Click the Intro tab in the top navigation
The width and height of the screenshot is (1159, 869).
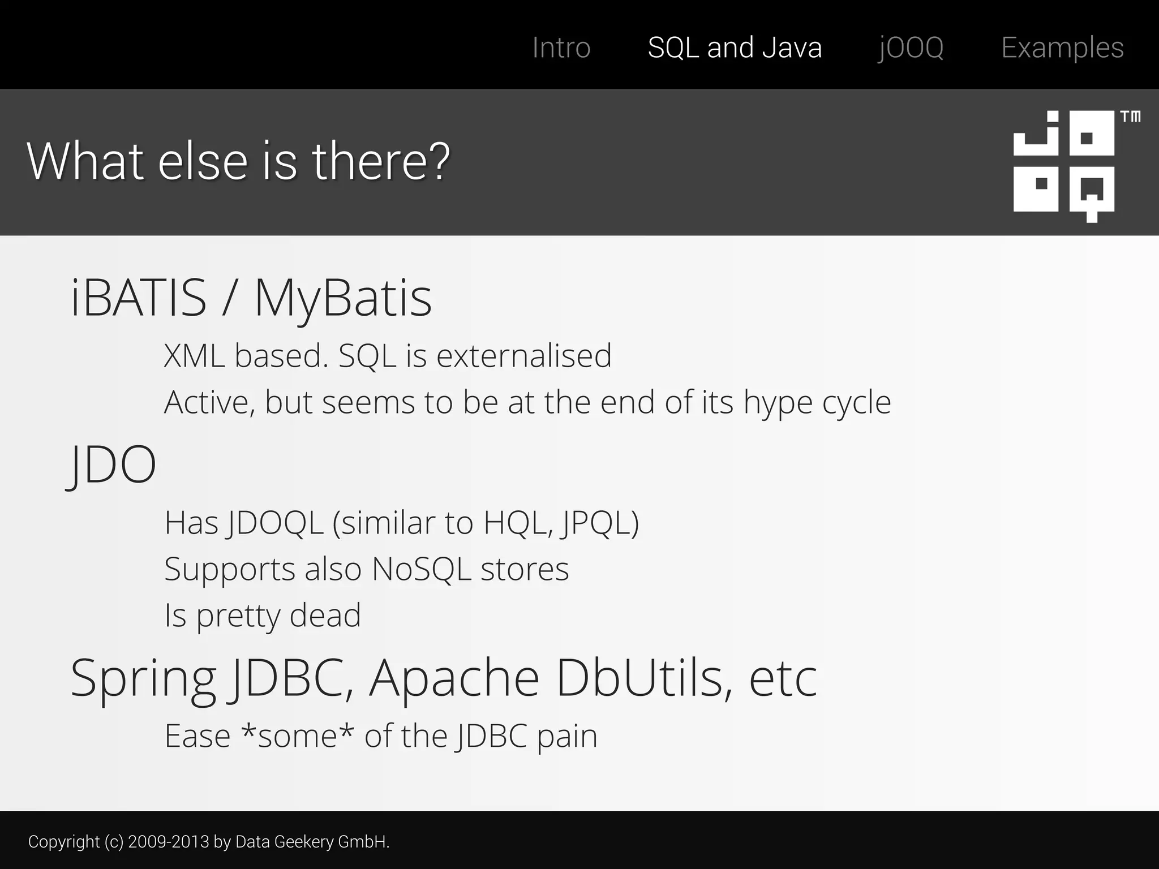(561, 48)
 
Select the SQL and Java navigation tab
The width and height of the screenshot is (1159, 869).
(735, 48)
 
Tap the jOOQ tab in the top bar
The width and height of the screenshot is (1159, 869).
(911, 48)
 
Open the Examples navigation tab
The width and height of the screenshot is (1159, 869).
(1062, 48)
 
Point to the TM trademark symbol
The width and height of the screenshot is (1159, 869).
(1130, 117)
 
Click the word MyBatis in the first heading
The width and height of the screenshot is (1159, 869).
(343, 298)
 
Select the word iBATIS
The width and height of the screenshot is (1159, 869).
(139, 298)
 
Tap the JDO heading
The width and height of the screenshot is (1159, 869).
(112, 464)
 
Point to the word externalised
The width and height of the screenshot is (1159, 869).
(524, 356)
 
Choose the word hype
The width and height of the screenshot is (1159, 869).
(778, 403)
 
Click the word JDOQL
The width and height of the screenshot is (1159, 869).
(274, 523)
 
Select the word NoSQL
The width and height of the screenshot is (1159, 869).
(422, 569)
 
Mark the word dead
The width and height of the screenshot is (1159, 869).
(325, 616)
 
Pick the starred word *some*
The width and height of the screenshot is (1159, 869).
(298, 735)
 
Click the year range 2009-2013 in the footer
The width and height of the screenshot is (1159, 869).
(168, 842)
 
